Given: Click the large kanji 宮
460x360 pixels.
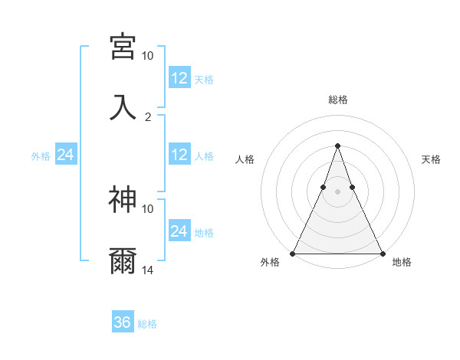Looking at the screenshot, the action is click(x=123, y=47).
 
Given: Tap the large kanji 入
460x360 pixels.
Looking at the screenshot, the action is click(x=123, y=107).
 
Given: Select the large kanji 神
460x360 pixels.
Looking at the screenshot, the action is click(x=123, y=199).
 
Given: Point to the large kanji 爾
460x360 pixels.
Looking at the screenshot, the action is click(x=123, y=261).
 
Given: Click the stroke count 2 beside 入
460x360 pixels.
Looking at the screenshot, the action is click(x=148, y=117).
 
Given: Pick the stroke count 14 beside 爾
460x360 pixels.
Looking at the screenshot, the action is click(x=147, y=270).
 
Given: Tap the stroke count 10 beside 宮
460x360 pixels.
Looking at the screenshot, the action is click(x=147, y=56).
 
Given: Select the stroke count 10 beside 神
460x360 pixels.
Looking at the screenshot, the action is click(x=147, y=209).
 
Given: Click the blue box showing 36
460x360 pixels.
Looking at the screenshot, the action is click(x=123, y=321).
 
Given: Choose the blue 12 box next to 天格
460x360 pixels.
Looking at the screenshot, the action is click(x=180, y=77).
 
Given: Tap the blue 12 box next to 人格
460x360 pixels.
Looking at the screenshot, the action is click(x=180, y=154).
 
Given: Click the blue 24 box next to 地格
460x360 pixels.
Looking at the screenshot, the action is click(x=180, y=230).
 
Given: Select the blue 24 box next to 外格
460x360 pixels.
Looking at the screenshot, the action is click(x=66, y=154).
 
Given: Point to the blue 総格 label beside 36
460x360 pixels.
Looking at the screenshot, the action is click(x=147, y=324).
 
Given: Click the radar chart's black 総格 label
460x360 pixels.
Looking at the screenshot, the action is click(x=338, y=100).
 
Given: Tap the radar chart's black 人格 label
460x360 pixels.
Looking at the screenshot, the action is click(x=245, y=159).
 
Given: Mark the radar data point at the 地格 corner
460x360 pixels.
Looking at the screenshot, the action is click(x=383, y=254).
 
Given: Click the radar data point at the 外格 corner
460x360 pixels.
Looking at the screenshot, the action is click(x=293, y=254).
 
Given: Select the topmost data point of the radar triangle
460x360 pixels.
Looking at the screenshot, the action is click(x=337, y=146).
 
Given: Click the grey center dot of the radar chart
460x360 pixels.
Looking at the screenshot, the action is click(x=337, y=191).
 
